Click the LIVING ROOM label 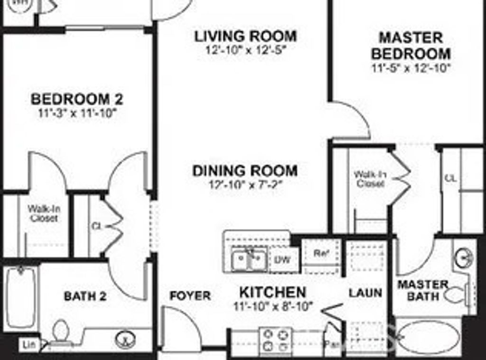click(x=245, y=36)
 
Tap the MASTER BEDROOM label click(x=411, y=45)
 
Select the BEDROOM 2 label click(x=76, y=99)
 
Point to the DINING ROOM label click(x=245, y=171)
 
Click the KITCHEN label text click(x=272, y=292)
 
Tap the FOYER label click(x=190, y=296)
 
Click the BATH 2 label click(x=85, y=296)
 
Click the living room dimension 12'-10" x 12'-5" click(x=245, y=49)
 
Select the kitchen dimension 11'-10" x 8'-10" click(x=273, y=306)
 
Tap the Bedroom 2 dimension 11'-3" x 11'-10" click(x=76, y=114)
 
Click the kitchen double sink click(x=249, y=260)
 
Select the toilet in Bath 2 click(x=61, y=331)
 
